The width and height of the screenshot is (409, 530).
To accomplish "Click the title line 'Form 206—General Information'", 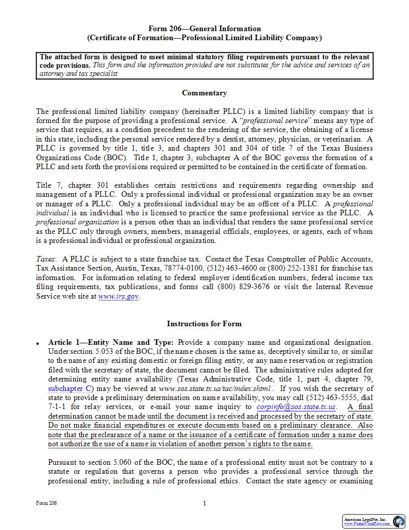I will click(204, 29).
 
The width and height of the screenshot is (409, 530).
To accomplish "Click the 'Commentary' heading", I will click(204, 93).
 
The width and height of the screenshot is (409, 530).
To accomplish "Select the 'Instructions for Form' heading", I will click(204, 324).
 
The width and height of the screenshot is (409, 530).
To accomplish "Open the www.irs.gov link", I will click(118, 297).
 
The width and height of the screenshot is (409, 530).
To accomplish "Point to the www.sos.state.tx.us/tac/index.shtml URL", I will click(215, 388).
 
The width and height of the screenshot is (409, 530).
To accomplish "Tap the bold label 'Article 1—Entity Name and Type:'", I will click(111, 342).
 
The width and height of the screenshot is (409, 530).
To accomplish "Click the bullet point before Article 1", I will click(38, 343).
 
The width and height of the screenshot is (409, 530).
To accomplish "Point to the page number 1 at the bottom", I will click(204, 503).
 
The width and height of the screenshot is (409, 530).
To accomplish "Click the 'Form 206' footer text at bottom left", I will click(46, 503).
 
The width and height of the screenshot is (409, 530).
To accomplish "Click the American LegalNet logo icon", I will click(399, 521).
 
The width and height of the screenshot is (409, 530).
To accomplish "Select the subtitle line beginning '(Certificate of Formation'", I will click(204, 38).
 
